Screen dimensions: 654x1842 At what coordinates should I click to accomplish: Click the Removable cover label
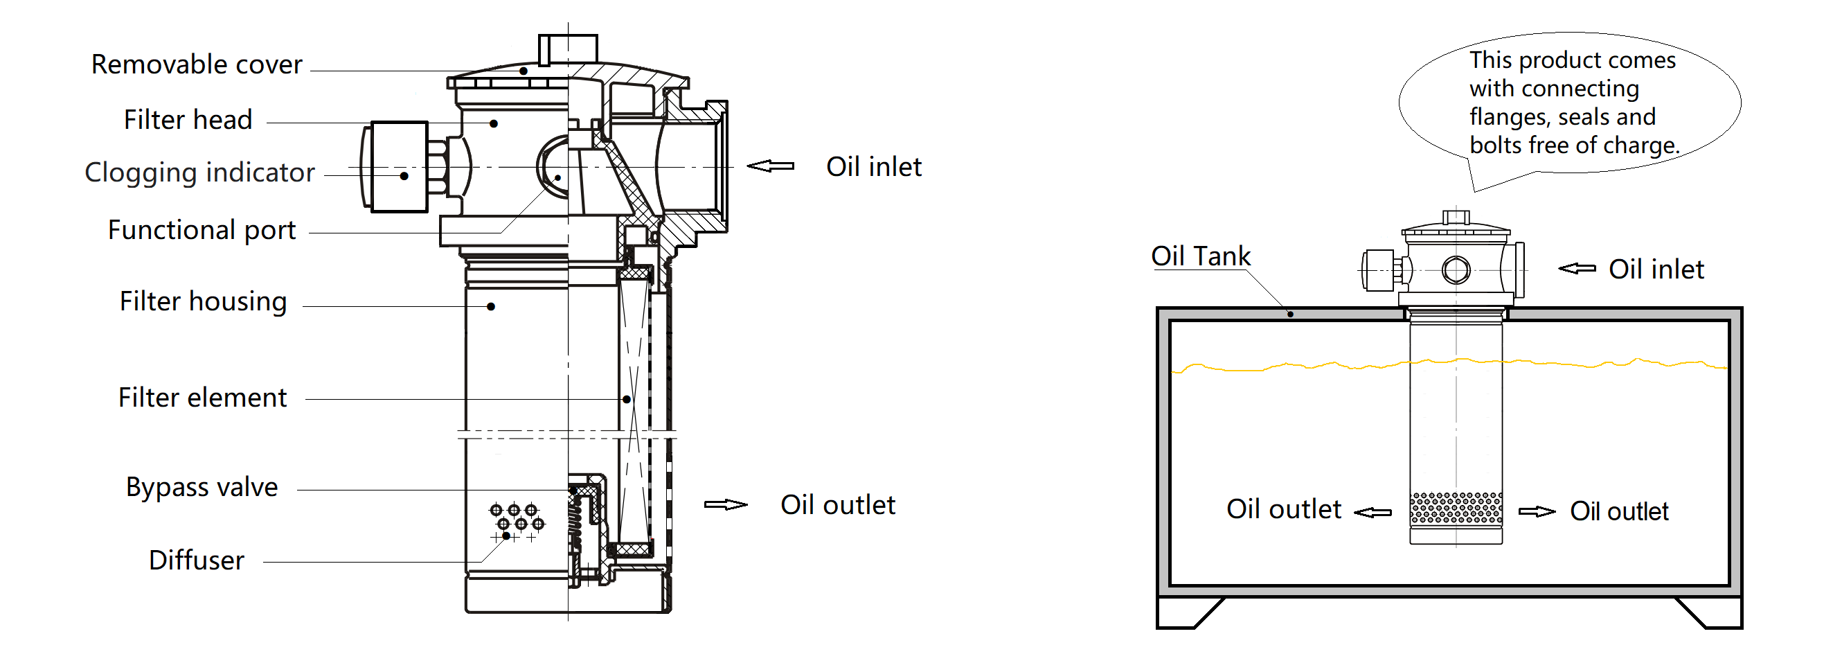point(197,65)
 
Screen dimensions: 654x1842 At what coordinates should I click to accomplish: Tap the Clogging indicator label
point(199,173)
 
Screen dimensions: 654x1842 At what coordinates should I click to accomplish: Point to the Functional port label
point(202,231)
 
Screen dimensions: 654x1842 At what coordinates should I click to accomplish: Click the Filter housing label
point(203,302)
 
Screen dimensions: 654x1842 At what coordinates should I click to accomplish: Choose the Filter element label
point(202,398)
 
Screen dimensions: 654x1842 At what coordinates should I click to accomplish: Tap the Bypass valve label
point(202,487)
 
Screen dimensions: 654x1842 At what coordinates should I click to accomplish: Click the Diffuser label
point(196,560)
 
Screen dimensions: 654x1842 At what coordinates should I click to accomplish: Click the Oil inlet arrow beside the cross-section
point(770,166)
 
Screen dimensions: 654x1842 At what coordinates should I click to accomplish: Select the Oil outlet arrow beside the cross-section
point(726,505)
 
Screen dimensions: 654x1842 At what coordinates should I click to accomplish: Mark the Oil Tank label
point(1200,256)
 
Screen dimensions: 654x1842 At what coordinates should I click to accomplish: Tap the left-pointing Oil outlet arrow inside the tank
point(1373,513)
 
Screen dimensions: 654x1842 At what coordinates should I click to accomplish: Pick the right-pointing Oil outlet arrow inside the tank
point(1536,511)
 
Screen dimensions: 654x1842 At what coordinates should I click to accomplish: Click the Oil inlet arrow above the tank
point(1577,269)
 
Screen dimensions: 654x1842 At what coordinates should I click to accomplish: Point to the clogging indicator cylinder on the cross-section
point(399,167)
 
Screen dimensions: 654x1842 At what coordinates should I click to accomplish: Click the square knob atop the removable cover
point(568,48)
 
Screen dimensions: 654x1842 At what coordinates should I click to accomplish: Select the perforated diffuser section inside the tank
point(1455,508)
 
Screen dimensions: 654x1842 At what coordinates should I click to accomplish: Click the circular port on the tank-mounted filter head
point(1456,270)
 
